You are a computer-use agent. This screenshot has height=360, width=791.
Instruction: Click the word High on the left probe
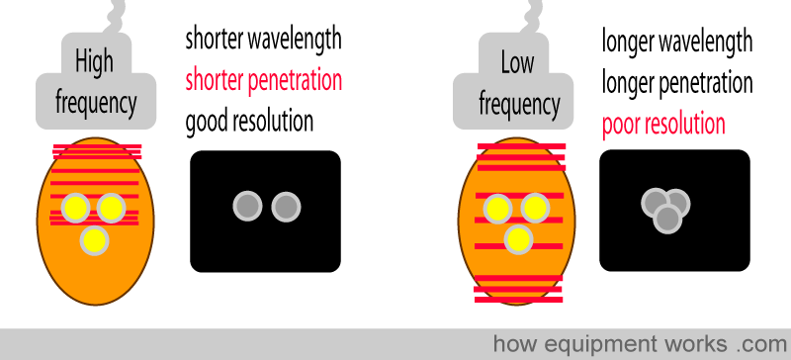click(94, 62)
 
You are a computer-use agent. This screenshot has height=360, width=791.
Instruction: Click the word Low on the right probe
click(517, 63)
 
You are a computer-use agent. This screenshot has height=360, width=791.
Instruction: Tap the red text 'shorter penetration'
click(263, 81)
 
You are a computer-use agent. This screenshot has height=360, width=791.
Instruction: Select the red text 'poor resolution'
click(663, 125)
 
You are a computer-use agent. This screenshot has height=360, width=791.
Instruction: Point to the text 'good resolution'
click(249, 122)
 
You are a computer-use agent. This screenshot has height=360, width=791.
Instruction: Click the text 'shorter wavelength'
click(263, 39)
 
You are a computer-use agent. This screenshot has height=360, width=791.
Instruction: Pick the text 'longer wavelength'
click(677, 42)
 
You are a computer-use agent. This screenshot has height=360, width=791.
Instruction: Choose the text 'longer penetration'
click(677, 83)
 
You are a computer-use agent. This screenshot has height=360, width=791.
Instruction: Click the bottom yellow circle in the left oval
click(94, 240)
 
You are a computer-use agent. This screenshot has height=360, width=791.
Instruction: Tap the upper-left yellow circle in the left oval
click(76, 208)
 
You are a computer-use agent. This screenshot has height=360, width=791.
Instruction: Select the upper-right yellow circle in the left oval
click(111, 208)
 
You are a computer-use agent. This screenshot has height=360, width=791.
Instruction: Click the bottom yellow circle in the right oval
click(518, 239)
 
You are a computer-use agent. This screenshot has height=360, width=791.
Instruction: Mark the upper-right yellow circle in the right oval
click(535, 208)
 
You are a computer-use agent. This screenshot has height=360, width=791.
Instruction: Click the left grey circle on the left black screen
click(248, 207)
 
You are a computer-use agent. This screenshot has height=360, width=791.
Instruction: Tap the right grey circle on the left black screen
click(286, 207)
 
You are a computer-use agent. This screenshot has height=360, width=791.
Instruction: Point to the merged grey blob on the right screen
click(665, 211)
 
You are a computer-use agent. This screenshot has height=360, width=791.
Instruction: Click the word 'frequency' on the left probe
click(96, 103)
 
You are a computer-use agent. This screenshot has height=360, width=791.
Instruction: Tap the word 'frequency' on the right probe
click(519, 104)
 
